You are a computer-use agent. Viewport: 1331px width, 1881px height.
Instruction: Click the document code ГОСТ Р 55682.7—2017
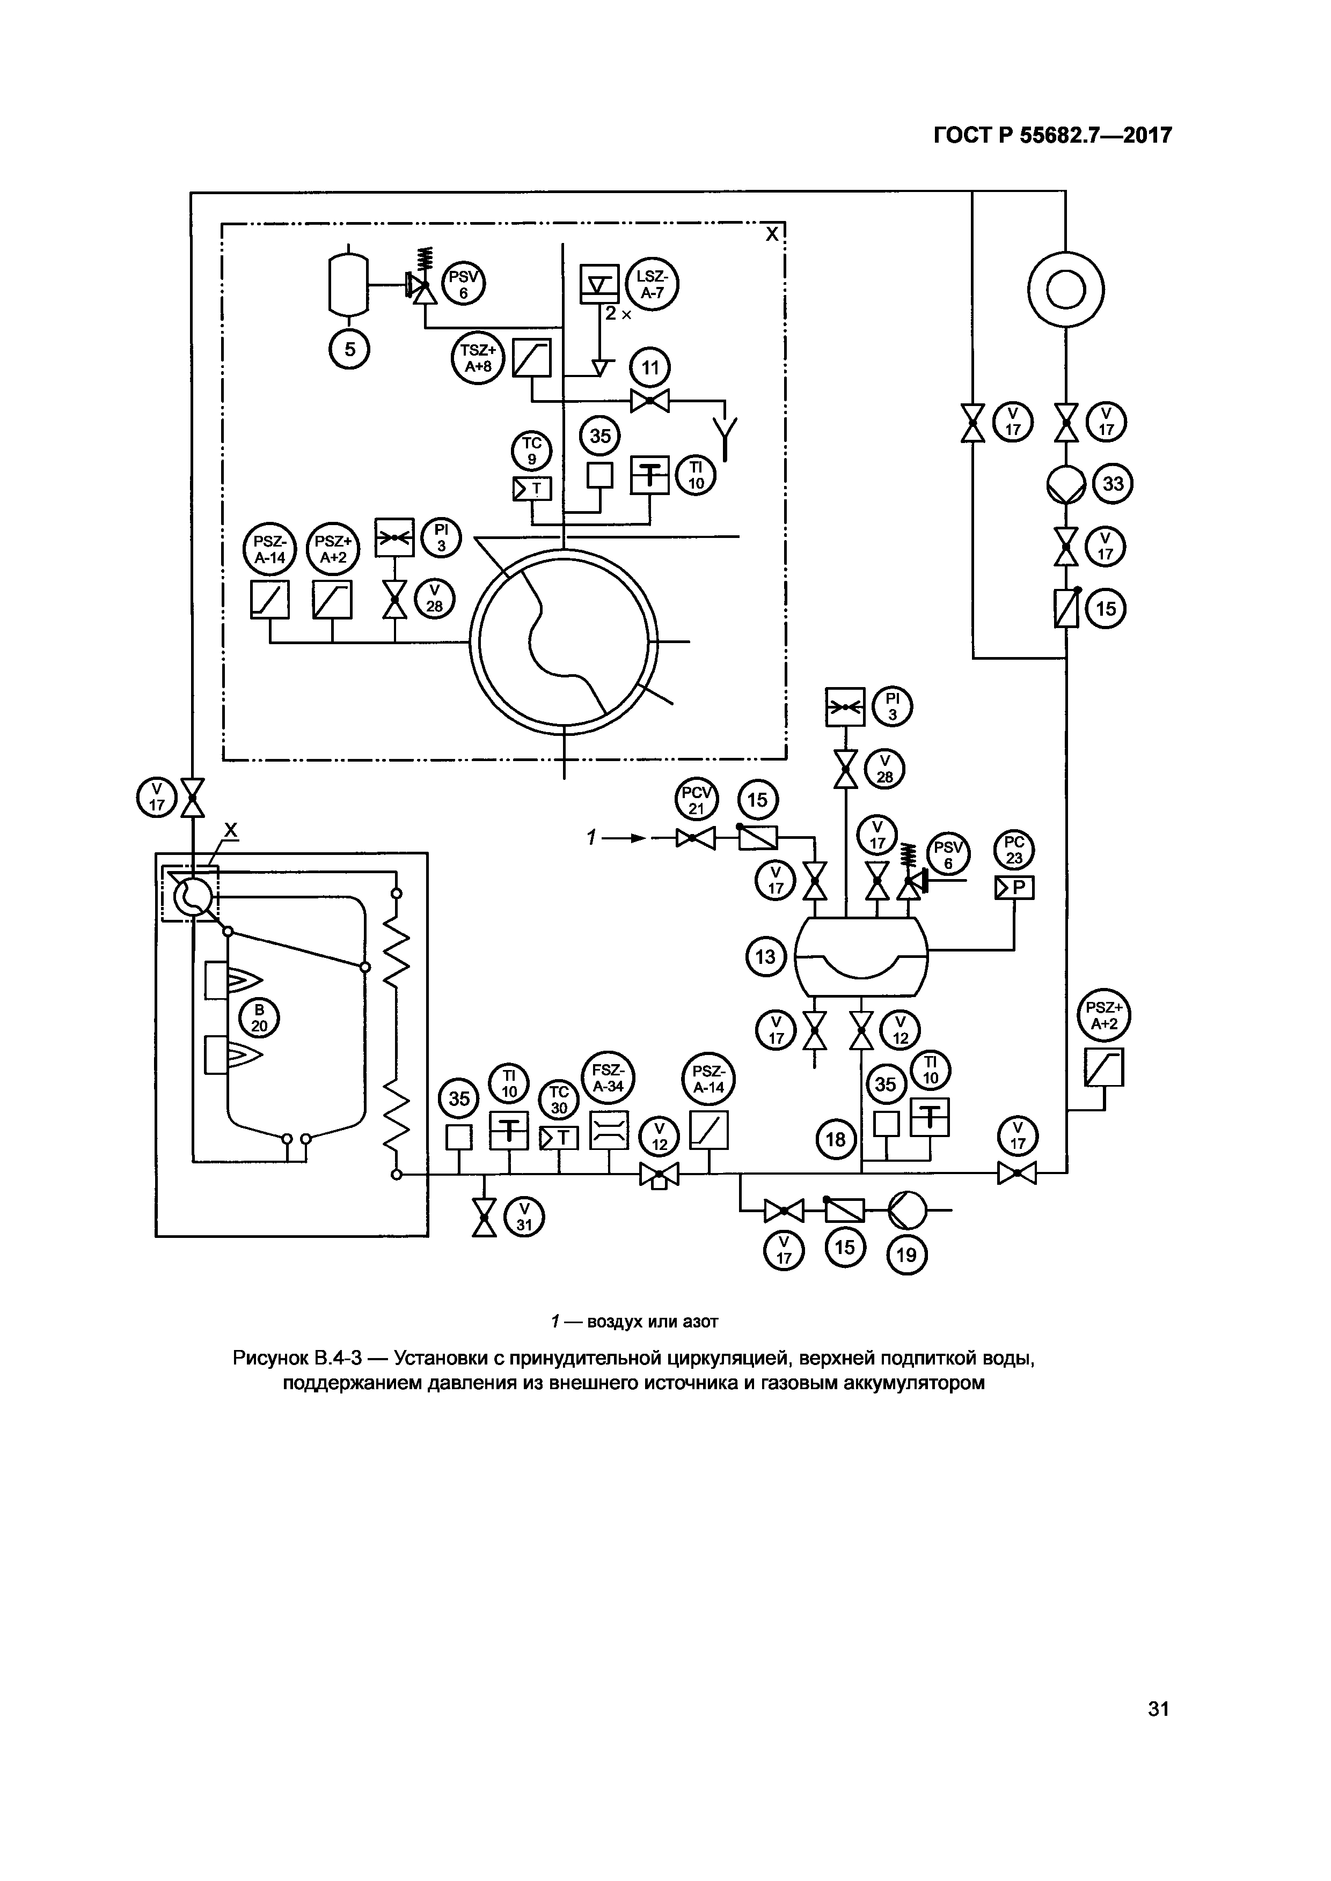[1052, 135]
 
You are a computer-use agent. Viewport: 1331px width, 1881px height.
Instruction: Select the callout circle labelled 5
[349, 349]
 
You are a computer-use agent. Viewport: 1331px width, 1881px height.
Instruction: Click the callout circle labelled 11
[650, 368]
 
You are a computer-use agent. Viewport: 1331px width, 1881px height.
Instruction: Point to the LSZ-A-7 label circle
[653, 286]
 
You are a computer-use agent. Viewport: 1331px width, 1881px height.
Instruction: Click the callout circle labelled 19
[906, 1255]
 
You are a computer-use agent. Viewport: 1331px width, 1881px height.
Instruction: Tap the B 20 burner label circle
[259, 1019]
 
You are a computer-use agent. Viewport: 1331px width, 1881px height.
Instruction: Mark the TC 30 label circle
[559, 1100]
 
